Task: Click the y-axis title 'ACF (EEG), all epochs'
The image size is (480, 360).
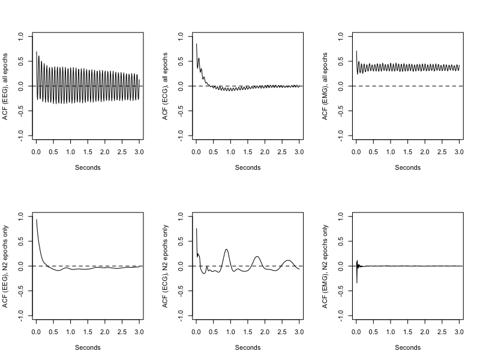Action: pyautogui.click(x=5, y=86)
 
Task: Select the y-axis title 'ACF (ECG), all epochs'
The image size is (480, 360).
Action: pyautogui.click(x=166, y=86)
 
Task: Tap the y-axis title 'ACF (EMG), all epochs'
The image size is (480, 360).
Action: pyautogui.click(x=326, y=86)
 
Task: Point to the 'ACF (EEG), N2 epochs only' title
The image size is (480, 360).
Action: pyautogui.click(x=5, y=266)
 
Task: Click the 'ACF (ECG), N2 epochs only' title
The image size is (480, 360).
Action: pyautogui.click(x=166, y=266)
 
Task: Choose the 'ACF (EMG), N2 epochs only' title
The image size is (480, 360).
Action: pyautogui.click(x=326, y=266)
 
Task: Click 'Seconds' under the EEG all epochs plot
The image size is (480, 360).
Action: pyautogui.click(x=88, y=167)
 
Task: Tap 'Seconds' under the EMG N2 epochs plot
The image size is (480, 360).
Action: pyautogui.click(x=408, y=347)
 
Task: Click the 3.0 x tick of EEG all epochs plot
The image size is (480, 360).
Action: pyautogui.click(x=139, y=153)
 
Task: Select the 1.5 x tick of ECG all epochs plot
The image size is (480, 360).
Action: pyautogui.click(x=248, y=153)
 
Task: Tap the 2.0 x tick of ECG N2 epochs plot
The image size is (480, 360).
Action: pyautogui.click(x=265, y=332)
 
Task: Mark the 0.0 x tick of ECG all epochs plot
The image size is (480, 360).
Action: pyautogui.click(x=196, y=153)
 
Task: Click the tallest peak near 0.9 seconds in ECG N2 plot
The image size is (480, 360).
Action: pyautogui.click(x=226, y=249)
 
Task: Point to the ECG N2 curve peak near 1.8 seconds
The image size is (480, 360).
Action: pyautogui.click(x=257, y=256)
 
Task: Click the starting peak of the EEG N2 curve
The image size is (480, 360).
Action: pyautogui.click(x=37, y=220)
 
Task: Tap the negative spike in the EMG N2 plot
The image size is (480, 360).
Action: pyautogui.click(x=356, y=282)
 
